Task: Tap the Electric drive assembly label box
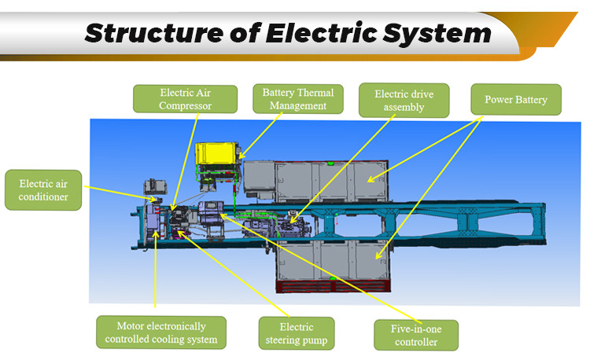(x=402, y=100)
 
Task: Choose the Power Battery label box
(x=515, y=101)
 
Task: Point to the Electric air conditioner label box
(x=43, y=189)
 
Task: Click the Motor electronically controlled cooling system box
(x=160, y=332)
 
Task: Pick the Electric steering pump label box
(x=296, y=333)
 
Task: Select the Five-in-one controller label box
(x=415, y=335)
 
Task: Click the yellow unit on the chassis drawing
(x=217, y=153)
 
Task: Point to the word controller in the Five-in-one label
(x=415, y=342)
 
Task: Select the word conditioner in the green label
(x=43, y=197)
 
